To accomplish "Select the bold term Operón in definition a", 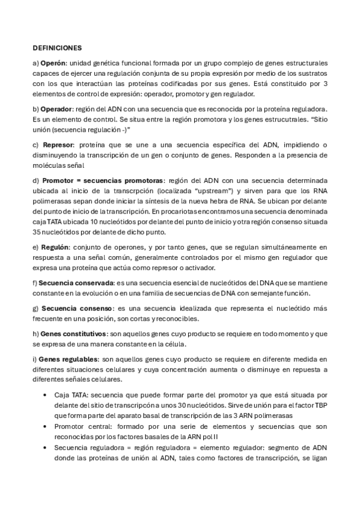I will [51, 63].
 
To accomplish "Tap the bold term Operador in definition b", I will [56, 109].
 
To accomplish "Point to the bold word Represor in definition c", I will [58, 145].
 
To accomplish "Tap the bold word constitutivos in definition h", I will [84, 334].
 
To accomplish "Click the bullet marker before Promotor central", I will [46, 426].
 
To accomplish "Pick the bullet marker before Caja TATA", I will [46, 395].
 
